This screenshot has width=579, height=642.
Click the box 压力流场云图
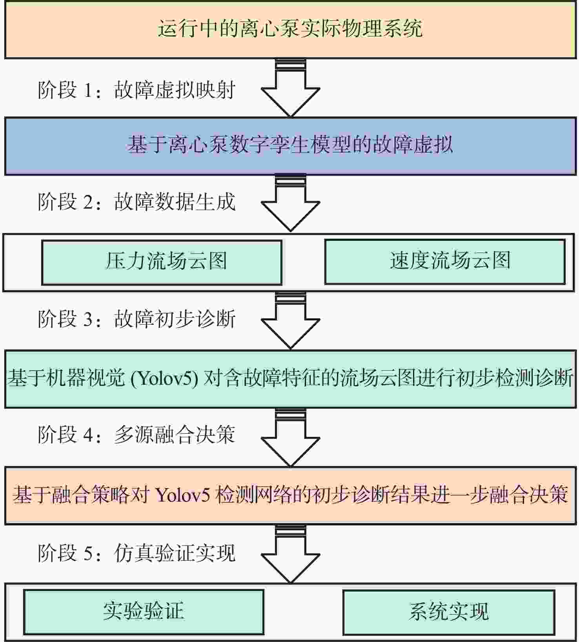coord(162,262)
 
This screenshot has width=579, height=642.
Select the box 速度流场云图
coord(445,261)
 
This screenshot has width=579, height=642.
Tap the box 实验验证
coord(144,612)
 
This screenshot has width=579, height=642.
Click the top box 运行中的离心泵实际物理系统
coord(290,29)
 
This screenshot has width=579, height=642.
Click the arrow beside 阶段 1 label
coord(291,88)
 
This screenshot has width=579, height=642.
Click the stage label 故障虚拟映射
coord(175,90)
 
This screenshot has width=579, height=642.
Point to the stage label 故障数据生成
coord(175,202)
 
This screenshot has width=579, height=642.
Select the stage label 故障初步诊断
coord(175,318)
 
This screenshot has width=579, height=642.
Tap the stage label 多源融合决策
coord(175,435)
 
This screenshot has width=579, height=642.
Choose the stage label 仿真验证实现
coord(175,553)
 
